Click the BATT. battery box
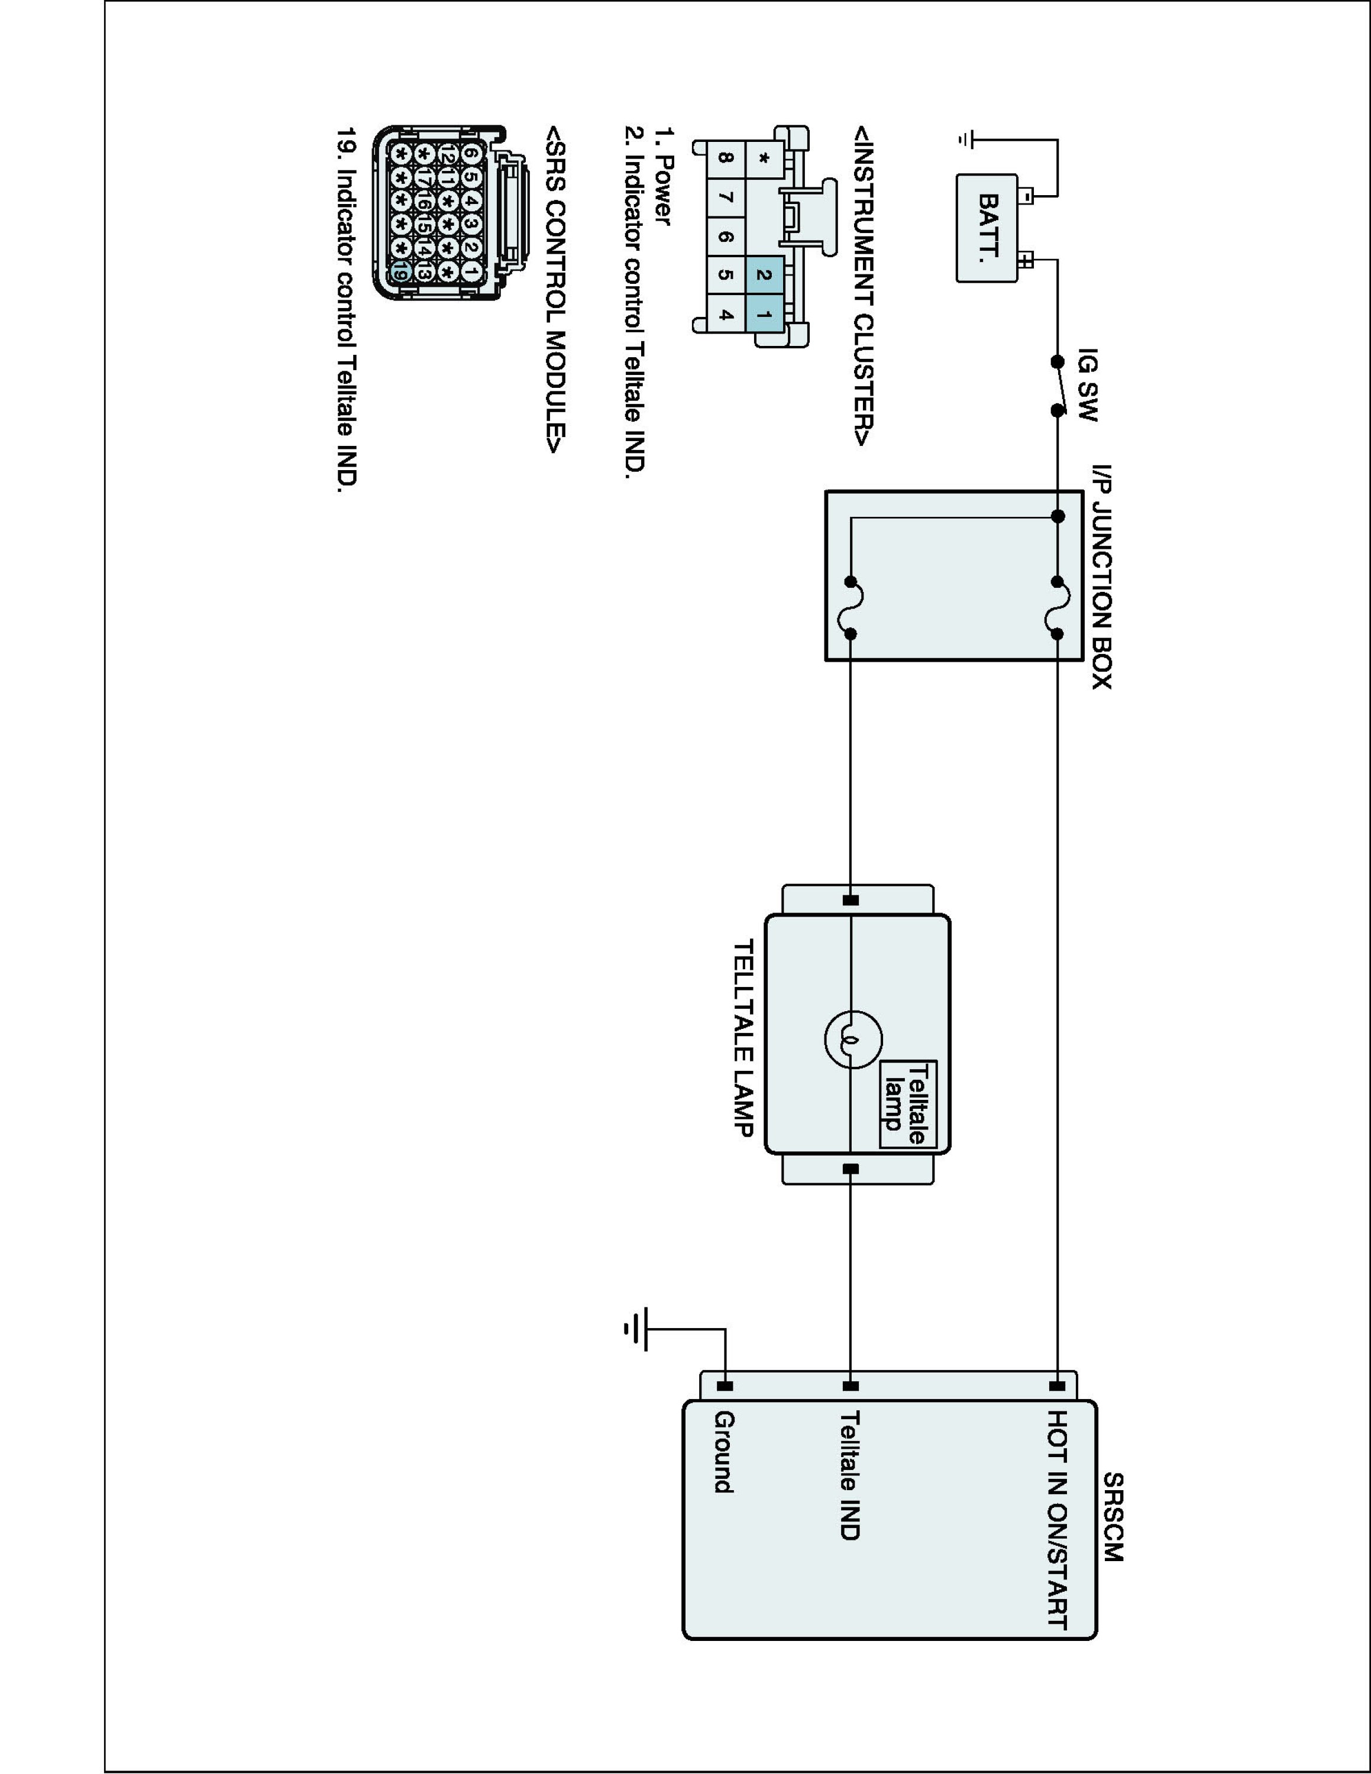(987, 228)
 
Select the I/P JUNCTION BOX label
(1101, 577)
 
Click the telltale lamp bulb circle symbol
(852, 1039)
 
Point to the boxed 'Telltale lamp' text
(907, 1104)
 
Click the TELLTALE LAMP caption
(744, 1037)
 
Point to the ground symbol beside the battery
(964, 140)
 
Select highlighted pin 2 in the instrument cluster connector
(764, 274)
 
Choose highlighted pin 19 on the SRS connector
(399, 273)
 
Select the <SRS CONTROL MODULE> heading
(555, 289)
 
